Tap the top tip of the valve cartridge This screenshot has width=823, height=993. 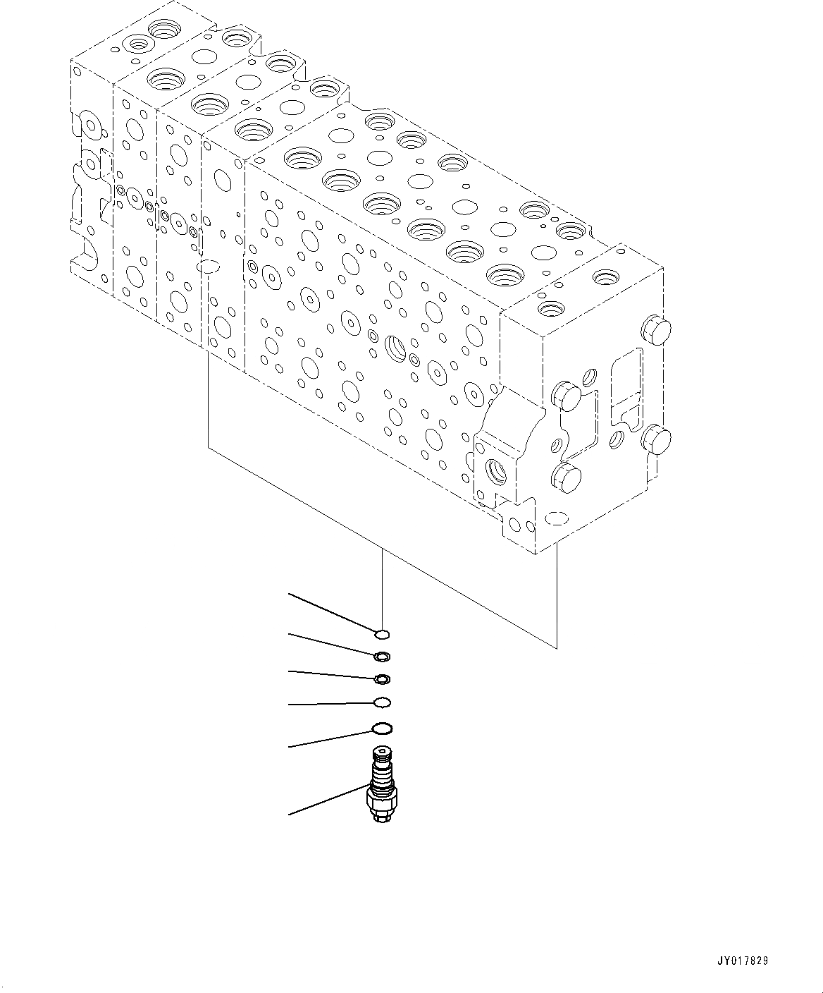tap(381, 751)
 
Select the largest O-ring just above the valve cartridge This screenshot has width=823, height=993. tap(381, 729)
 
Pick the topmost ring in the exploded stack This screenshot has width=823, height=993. tap(381, 634)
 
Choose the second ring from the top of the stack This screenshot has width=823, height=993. tap(381, 657)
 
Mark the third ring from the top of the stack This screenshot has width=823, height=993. tap(381, 680)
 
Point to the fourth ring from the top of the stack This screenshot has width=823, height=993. tap(381, 702)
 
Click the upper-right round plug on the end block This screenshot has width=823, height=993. tap(655, 330)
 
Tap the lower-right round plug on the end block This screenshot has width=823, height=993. tap(657, 439)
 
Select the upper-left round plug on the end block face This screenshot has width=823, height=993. tap(568, 396)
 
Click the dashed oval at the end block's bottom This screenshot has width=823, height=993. tap(557, 518)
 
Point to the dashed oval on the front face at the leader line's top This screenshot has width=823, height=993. tap(209, 267)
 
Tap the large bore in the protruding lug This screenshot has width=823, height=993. tap(496, 470)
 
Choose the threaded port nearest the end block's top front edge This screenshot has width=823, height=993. tap(550, 308)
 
